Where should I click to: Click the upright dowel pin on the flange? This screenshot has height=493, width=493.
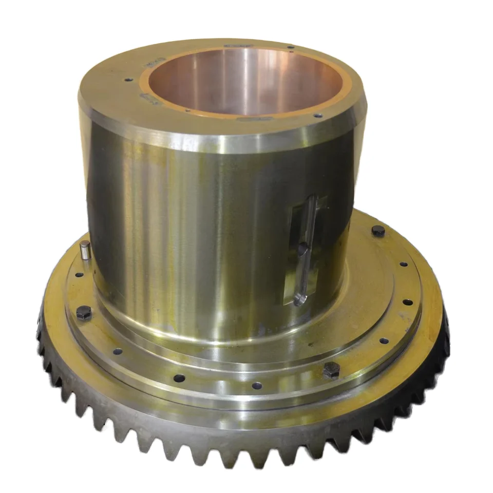pyautogui.click(x=85, y=251)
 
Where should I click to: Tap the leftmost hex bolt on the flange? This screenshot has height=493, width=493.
pyautogui.click(x=84, y=313)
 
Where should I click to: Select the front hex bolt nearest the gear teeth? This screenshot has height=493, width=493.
pyautogui.click(x=331, y=370)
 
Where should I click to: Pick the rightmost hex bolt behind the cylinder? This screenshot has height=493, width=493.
pyautogui.click(x=378, y=231)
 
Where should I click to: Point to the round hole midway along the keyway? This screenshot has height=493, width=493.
pyautogui.click(x=303, y=249)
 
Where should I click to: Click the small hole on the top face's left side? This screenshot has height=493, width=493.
pyautogui.click(x=126, y=80)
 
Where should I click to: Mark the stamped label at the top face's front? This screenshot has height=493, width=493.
pyautogui.click(x=249, y=119)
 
